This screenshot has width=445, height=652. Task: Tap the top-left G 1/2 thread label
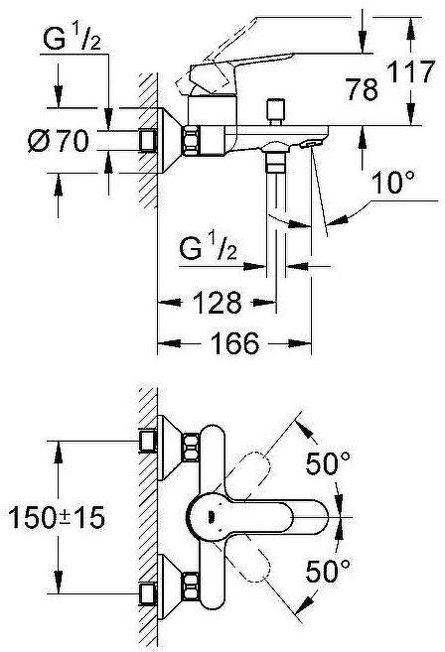tap(73, 41)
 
